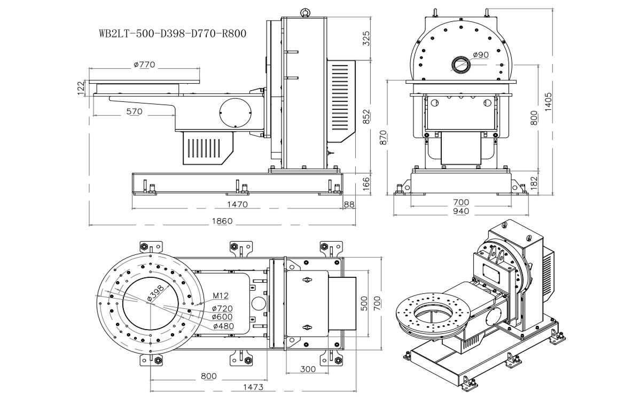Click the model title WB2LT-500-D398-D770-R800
tap(173, 34)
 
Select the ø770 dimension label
tap(144, 65)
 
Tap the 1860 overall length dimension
tap(222, 221)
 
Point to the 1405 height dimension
tap(548, 102)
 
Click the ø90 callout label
tap(481, 54)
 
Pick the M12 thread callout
tap(221, 295)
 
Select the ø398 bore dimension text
tap(155, 293)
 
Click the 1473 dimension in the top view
tap(253, 387)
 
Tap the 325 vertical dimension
tap(366, 38)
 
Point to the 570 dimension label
tap(134, 111)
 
